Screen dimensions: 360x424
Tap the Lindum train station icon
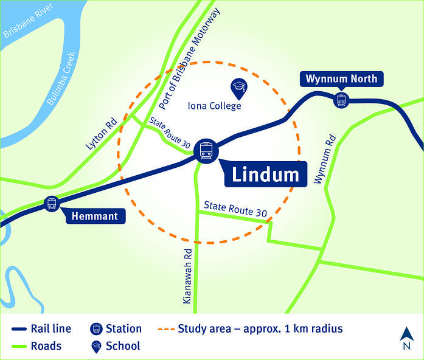(206, 150)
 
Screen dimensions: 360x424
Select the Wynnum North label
(342, 78)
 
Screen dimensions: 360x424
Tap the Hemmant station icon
(52, 204)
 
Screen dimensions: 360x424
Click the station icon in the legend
(96, 329)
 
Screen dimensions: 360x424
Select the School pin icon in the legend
(96, 346)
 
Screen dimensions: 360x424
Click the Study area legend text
(260, 329)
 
